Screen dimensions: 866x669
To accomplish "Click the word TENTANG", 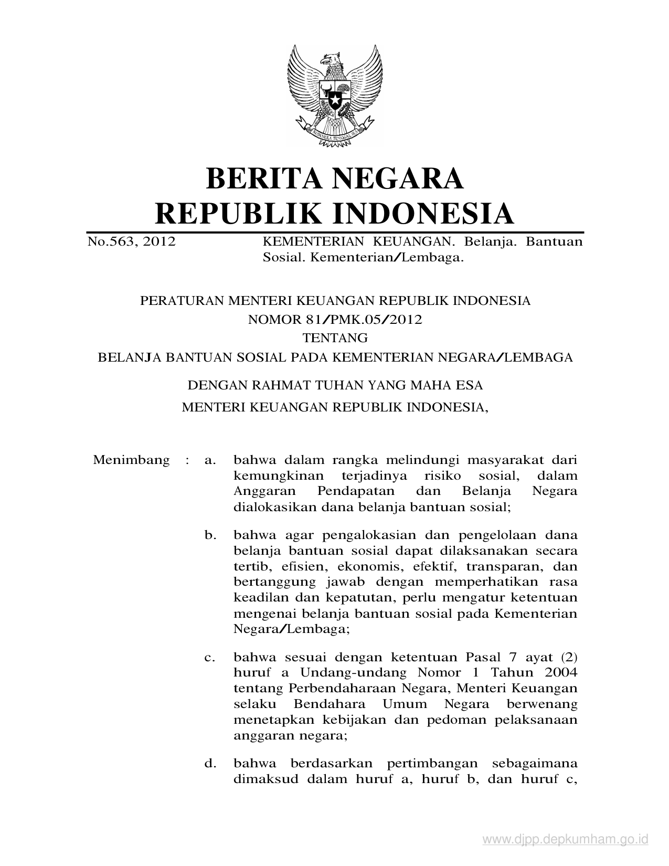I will coord(335,337).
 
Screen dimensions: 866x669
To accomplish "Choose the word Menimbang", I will coord(131,460).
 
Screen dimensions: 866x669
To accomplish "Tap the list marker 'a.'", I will coord(210,461).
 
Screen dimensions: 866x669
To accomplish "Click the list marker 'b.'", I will coord(210,535).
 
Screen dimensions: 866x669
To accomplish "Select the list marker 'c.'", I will coord(210,657).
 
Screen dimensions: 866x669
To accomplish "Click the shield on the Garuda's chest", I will coord(334,94).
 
